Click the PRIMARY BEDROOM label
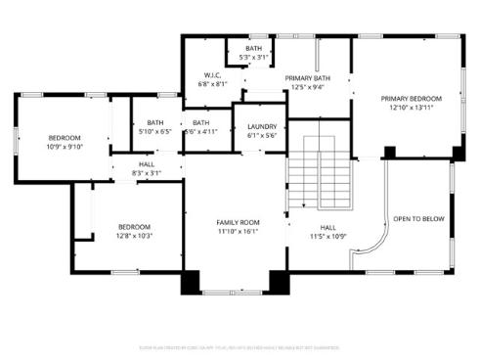[412, 99]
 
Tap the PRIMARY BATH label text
[308, 77]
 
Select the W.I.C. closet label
[212, 75]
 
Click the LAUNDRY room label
[261, 126]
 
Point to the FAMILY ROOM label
[238, 223]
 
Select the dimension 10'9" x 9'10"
[65, 147]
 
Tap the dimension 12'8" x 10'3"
[135, 236]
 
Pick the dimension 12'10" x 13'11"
[412, 108]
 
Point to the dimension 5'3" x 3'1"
[254, 58]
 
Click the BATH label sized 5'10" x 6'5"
[154, 122]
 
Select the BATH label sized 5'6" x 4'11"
[201, 122]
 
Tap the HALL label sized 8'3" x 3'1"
[146, 164]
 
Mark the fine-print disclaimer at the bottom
[239, 319]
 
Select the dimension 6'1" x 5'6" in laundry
[261, 135]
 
